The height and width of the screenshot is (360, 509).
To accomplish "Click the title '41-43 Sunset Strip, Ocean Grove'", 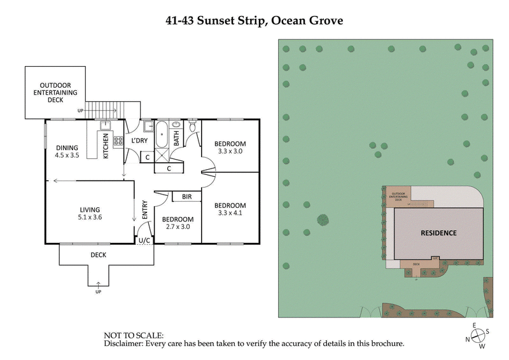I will [254, 20].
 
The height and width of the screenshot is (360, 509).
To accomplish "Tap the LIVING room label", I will [90, 213].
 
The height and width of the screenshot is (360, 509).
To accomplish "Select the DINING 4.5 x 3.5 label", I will [67, 151].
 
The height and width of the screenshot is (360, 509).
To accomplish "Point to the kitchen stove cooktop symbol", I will [117, 141].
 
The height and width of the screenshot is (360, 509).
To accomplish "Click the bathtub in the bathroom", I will [162, 135].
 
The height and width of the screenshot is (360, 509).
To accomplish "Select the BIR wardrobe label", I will [186, 197].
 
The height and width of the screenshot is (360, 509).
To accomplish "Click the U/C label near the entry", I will [144, 241].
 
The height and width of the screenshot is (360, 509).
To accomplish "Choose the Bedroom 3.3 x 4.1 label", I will [230, 209].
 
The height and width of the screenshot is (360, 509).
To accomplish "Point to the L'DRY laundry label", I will [139, 141].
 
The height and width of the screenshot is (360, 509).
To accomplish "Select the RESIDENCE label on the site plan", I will [438, 233].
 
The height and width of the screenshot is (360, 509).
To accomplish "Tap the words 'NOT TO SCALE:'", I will [133, 335].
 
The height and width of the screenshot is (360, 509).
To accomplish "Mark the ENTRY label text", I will [144, 211].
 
